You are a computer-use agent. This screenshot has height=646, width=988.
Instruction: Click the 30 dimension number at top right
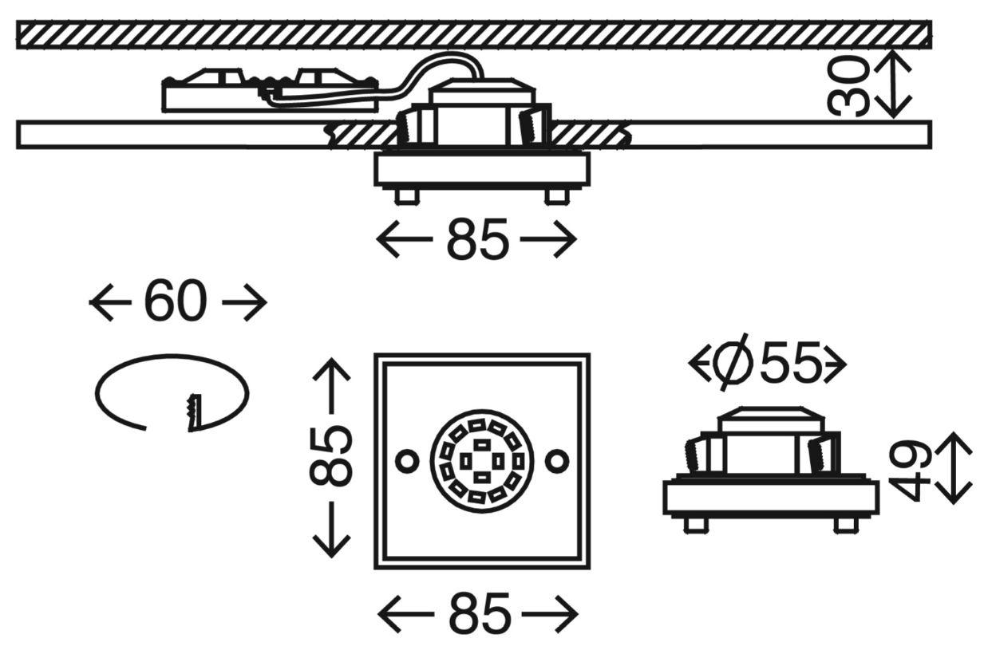click(848, 87)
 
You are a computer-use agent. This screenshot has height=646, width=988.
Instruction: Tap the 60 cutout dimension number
click(176, 303)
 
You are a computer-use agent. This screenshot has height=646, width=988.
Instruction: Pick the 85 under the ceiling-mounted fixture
click(476, 241)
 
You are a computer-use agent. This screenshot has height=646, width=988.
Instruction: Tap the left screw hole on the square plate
click(407, 460)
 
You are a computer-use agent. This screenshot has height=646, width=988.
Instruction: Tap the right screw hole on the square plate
click(558, 460)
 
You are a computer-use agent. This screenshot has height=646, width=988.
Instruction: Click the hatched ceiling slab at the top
click(474, 35)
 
